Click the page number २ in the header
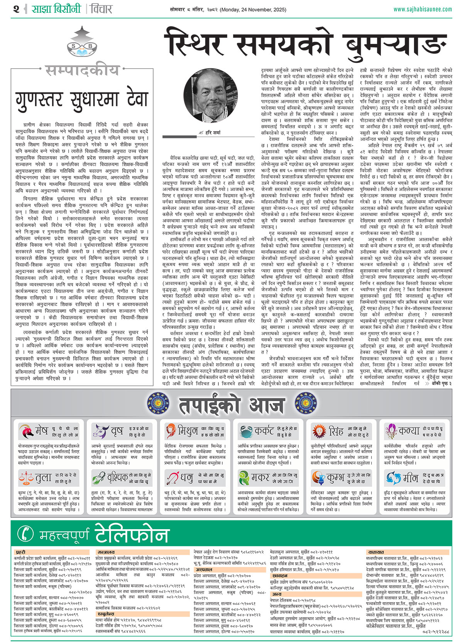[16, 9]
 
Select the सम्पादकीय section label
[82, 71]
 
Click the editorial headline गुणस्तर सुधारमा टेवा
[82, 99]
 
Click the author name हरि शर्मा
[213, 133]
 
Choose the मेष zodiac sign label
[41, 431]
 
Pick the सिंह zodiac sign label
[336, 431]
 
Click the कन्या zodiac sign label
[409, 431]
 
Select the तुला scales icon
[25, 478]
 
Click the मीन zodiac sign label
[410, 478]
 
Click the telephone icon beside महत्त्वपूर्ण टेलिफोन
[25, 533]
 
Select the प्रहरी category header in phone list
[21, 552]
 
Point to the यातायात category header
[375, 552]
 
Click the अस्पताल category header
[204, 569]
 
